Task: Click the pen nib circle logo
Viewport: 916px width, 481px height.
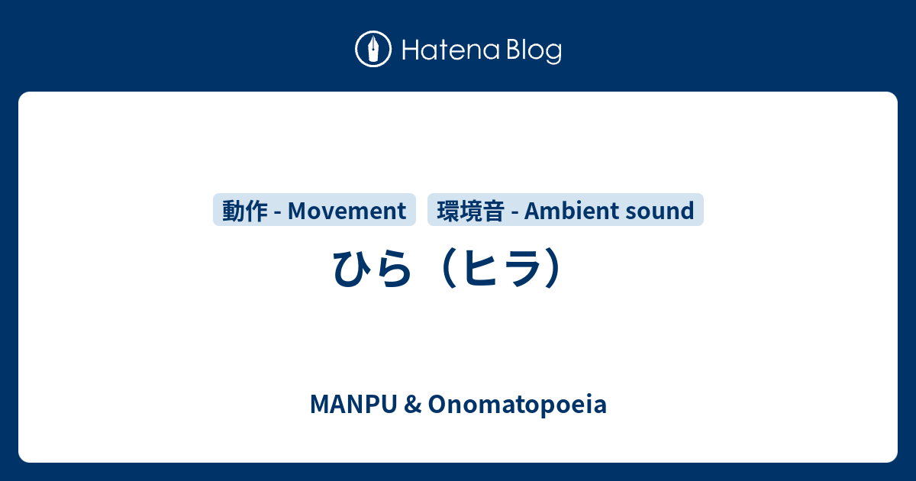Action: tap(373, 49)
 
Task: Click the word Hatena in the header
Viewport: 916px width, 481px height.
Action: tap(450, 50)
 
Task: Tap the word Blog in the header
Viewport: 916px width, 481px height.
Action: tap(534, 50)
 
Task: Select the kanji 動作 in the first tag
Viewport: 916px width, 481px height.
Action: tap(244, 211)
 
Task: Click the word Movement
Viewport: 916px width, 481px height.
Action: tap(347, 211)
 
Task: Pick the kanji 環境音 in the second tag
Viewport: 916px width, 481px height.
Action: tap(470, 211)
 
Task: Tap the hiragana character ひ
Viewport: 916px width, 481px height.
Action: tap(352, 268)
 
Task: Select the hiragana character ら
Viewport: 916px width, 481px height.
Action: tap(393, 268)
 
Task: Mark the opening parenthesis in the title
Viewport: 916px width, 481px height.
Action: tap(449, 268)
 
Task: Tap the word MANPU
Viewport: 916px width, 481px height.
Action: tap(353, 405)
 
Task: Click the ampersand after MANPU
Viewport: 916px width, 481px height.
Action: tap(413, 405)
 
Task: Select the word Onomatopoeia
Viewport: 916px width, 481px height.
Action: tap(518, 405)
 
